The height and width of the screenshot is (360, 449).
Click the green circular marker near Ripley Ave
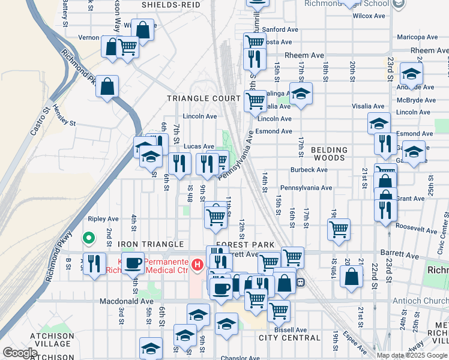pyautogui.click(x=88, y=239)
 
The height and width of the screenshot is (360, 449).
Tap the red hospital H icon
pyautogui.click(x=196, y=263)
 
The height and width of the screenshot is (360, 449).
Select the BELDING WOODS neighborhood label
pyautogui.click(x=329, y=154)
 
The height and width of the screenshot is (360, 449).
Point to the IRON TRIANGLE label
pyautogui.click(x=151, y=245)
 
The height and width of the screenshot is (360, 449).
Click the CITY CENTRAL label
pyautogui.click(x=289, y=338)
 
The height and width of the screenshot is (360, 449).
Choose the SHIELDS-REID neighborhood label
pyautogui.click(x=170, y=5)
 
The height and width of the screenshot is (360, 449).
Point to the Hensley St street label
pyautogui.click(x=64, y=117)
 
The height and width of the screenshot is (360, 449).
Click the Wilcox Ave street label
pyautogui.click(x=368, y=16)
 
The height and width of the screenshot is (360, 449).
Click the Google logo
pyautogui.click(x=20, y=353)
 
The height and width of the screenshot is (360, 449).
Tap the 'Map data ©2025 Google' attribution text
pyautogui.click(x=412, y=355)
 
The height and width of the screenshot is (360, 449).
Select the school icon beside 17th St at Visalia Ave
pyautogui.click(x=301, y=93)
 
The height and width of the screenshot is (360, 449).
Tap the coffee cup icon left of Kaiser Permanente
pyautogui.click(x=133, y=263)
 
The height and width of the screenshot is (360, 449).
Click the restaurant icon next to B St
pyautogui.click(x=94, y=263)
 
